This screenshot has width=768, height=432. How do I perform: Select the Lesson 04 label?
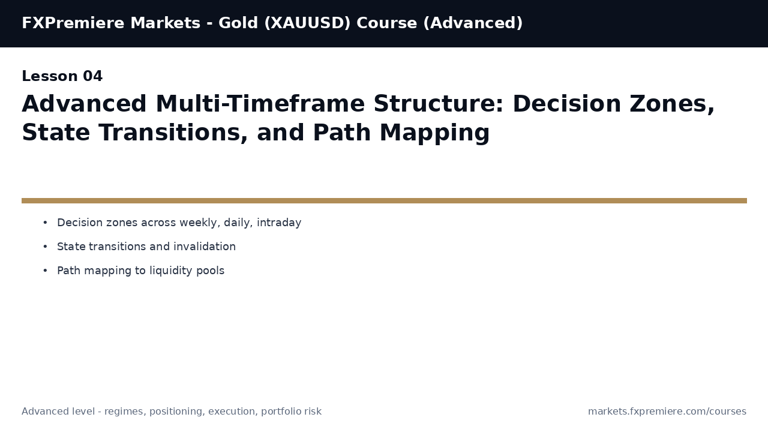(x=62, y=77)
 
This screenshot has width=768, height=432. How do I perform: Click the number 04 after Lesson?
(x=92, y=77)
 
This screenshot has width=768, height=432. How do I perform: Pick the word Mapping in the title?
(x=434, y=133)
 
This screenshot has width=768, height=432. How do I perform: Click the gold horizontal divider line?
(x=384, y=201)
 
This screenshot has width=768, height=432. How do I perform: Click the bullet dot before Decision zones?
(x=45, y=223)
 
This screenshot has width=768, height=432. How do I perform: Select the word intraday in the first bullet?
(x=279, y=223)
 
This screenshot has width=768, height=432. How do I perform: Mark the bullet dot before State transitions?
(x=45, y=247)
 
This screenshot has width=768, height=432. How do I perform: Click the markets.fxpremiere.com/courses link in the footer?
(x=667, y=412)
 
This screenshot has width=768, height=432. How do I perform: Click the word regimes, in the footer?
(x=125, y=412)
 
